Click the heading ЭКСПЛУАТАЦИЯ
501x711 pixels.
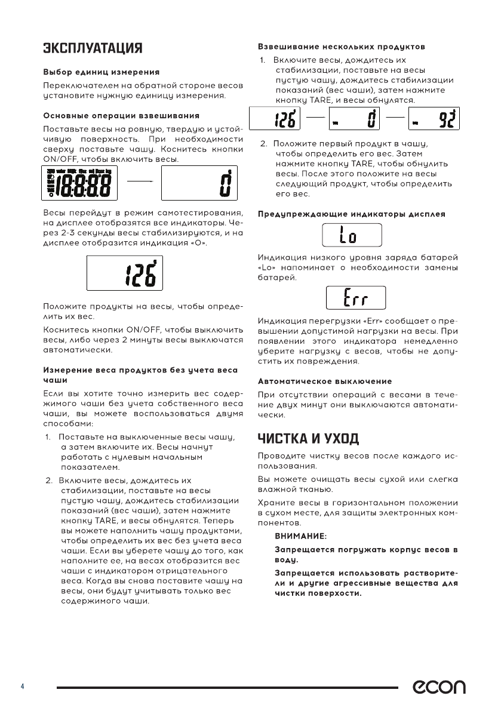click(91, 48)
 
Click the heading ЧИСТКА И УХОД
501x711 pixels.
click(308, 439)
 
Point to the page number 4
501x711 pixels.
click(22, 687)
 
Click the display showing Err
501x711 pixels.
click(356, 297)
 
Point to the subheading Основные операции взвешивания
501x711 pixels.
click(122, 115)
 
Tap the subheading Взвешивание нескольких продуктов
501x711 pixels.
click(341, 46)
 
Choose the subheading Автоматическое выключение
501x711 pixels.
click(325, 381)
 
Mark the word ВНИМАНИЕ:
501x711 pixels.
click(300, 537)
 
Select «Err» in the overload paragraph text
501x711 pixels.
click(361, 322)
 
